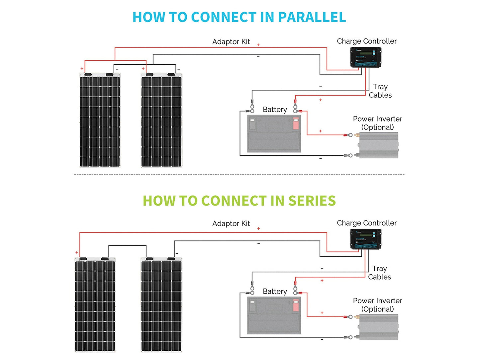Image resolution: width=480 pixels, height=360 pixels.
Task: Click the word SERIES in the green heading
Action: [x=312, y=201]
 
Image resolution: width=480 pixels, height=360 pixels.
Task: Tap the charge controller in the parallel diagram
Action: [x=365, y=57]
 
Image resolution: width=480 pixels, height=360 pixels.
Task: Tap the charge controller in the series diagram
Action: [x=365, y=239]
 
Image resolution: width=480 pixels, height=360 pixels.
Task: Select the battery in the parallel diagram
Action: [x=274, y=134]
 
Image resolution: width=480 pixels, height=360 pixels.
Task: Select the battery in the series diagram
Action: [x=274, y=315]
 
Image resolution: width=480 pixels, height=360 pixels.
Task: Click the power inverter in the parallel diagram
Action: [x=378, y=145]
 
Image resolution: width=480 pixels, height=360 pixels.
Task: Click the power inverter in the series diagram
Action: [x=378, y=327]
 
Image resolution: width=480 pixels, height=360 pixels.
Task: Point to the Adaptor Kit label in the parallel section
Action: [x=231, y=42]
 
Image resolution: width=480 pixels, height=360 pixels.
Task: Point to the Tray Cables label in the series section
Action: [x=379, y=273]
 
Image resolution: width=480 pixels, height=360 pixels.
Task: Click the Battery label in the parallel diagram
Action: [x=275, y=110]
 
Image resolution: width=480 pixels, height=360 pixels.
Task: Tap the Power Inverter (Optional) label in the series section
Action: [x=377, y=305]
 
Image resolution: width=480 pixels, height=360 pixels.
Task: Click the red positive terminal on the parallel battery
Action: [x=296, y=124]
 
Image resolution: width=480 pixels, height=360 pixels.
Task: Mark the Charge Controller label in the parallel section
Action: [x=366, y=41]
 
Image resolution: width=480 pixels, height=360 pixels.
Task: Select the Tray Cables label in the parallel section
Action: [x=380, y=91]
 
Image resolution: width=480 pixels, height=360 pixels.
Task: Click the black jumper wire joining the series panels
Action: [x=127, y=246]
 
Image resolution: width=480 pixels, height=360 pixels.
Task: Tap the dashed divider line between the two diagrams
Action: [x=239, y=174]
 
